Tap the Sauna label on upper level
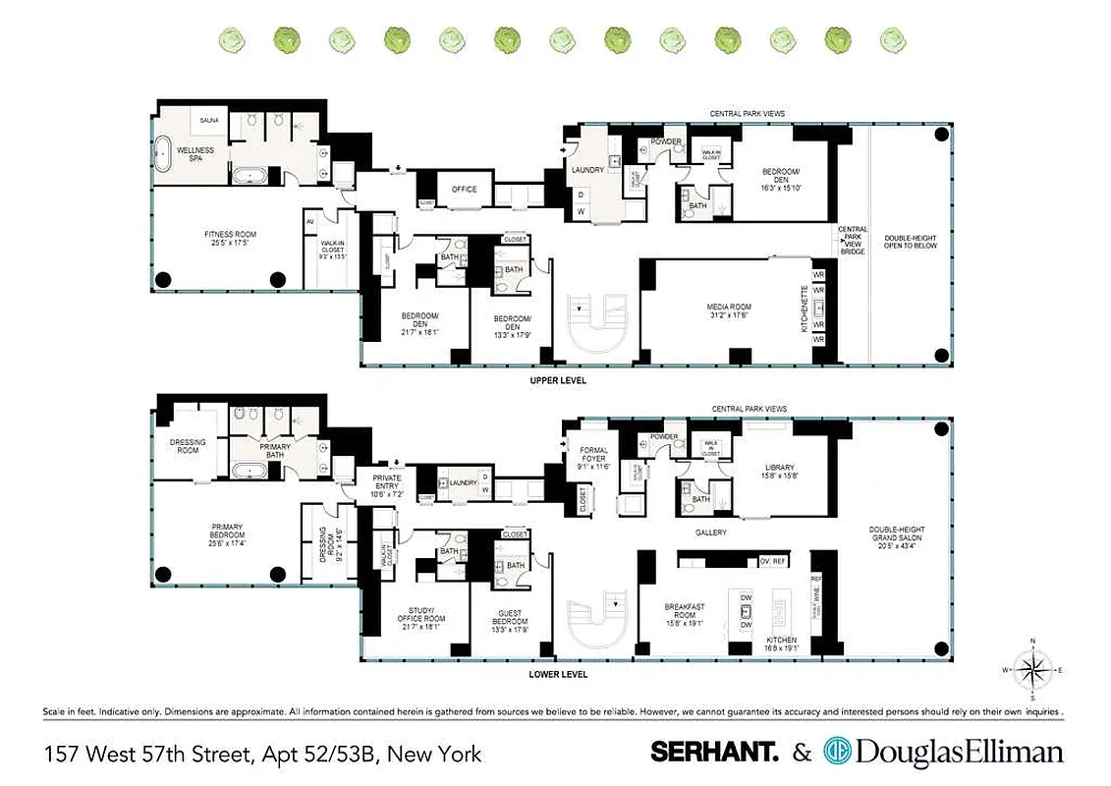point(209,120)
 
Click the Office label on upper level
point(464,190)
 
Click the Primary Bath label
point(275,449)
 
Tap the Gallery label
point(710,533)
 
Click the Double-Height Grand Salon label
point(897,537)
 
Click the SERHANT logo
point(714,753)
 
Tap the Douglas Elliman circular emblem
point(838,753)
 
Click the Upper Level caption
point(557,380)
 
